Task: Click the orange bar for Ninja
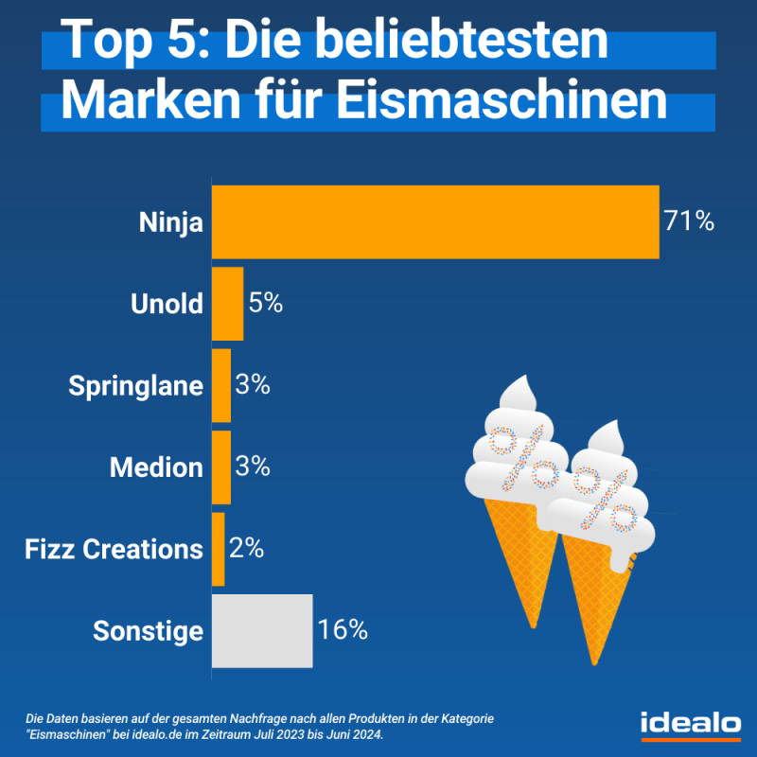(x=435, y=222)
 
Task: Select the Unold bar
(x=227, y=304)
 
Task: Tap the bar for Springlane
(x=221, y=386)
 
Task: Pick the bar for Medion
(x=221, y=467)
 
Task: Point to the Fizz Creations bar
(x=218, y=549)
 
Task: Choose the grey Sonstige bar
(x=262, y=630)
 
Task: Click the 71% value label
(x=688, y=222)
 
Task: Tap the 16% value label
(x=343, y=630)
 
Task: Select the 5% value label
(x=266, y=304)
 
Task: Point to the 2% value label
(x=245, y=549)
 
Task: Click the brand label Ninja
(x=171, y=223)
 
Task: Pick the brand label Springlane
(x=136, y=386)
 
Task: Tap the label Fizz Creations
(x=114, y=549)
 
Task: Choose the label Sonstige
(x=149, y=631)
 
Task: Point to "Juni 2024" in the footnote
(x=351, y=735)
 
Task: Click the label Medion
(x=156, y=467)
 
